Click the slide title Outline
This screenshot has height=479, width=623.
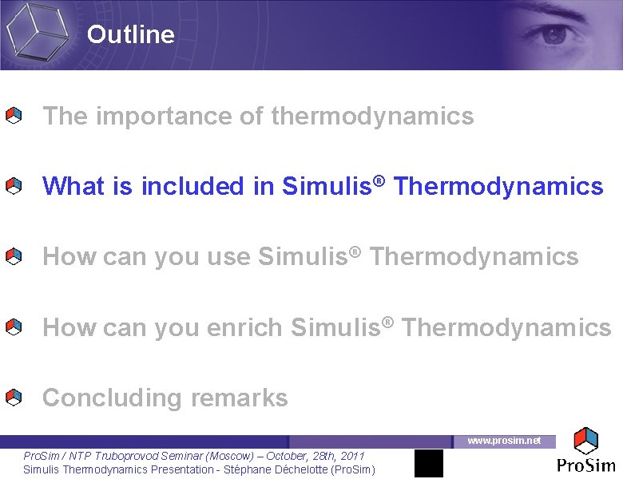130,34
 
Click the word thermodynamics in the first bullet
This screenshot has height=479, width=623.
372,117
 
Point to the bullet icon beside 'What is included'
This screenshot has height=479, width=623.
14,187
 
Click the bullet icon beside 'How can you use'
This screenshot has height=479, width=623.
14,257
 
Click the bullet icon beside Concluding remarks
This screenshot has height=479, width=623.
14,398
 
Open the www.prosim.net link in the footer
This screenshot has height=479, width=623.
503,441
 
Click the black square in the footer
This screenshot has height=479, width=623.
428,463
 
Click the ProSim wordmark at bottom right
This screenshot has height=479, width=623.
586,466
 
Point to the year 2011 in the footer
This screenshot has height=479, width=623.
352,456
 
